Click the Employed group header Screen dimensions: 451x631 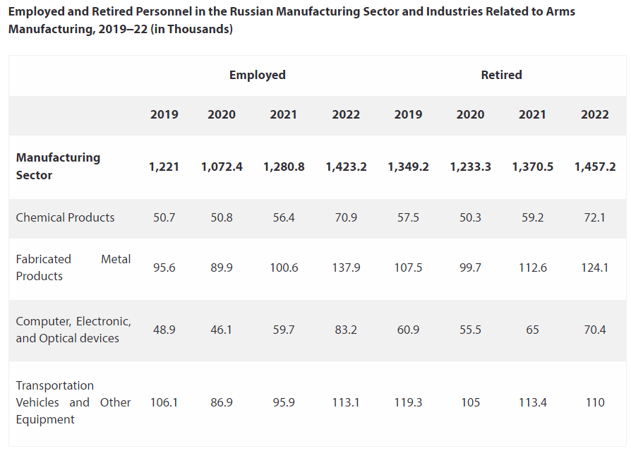click(x=257, y=75)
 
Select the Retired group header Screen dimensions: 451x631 click(x=501, y=75)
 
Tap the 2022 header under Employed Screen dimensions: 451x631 click(x=346, y=114)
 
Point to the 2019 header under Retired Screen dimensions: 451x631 click(x=408, y=114)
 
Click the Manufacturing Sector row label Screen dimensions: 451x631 click(x=58, y=166)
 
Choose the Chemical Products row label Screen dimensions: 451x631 click(x=65, y=217)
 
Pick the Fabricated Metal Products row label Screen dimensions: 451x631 click(x=73, y=267)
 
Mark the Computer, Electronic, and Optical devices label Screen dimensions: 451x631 click(x=73, y=330)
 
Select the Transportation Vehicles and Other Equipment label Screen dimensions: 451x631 click(x=73, y=402)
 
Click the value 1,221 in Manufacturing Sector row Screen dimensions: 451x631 click(x=164, y=167)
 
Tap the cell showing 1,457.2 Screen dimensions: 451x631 click(x=594, y=167)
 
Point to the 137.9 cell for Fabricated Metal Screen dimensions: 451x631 click(x=346, y=268)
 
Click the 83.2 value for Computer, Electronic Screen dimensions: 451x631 click(x=346, y=330)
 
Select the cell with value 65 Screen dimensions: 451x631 click(x=532, y=330)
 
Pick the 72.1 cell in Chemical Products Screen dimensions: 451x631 click(x=594, y=217)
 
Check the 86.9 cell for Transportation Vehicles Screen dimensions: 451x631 click(x=222, y=402)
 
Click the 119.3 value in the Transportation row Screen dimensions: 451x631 click(x=408, y=402)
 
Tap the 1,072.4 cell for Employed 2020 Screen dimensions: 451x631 click(x=222, y=167)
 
